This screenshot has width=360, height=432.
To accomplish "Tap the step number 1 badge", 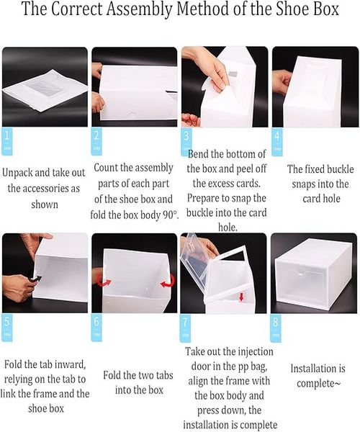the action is tap(7, 141).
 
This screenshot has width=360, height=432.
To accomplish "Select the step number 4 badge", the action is tap(276, 142).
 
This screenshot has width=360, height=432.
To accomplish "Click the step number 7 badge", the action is tap(185, 328).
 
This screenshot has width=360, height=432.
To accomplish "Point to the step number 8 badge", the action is tap(276, 328).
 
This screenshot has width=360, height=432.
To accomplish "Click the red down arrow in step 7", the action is tap(242, 297).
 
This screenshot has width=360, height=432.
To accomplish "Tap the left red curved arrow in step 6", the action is tap(104, 282).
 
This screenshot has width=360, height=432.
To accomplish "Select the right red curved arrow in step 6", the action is tap(168, 282).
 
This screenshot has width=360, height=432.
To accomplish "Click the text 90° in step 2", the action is tap(170, 215).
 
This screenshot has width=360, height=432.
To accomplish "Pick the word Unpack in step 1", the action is tap(17, 173).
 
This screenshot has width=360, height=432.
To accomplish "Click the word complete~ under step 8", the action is tap(319, 384).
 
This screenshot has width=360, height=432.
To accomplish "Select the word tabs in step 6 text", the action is tap(163, 375).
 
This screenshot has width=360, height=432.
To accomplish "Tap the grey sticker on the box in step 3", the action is tap(233, 75).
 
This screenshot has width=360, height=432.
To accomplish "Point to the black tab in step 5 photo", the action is tap(36, 279).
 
